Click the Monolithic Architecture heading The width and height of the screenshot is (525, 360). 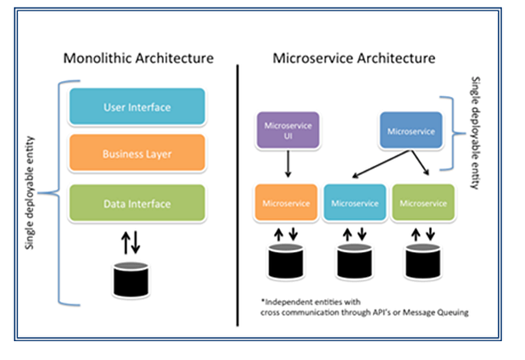tap(138, 58)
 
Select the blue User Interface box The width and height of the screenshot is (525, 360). tap(137, 107)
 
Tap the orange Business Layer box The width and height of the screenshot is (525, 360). tap(137, 154)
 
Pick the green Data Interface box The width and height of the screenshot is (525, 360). tap(137, 203)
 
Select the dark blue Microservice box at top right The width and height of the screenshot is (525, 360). tap(409, 130)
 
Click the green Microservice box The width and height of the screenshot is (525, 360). tap(423, 203)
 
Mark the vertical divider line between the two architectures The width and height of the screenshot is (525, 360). tap(238, 195)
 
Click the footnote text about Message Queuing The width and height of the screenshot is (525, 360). tap(360, 307)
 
